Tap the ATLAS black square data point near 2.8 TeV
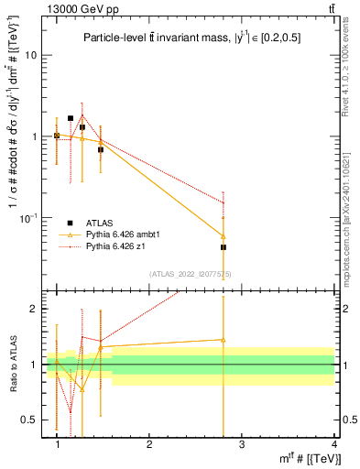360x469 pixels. pos(224,247)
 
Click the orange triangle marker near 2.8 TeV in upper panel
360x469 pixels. pos(224,235)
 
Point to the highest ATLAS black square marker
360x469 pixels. pos(71,118)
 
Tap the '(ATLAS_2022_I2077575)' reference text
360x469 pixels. pos(191,274)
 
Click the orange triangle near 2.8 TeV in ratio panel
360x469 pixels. pos(224,340)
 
